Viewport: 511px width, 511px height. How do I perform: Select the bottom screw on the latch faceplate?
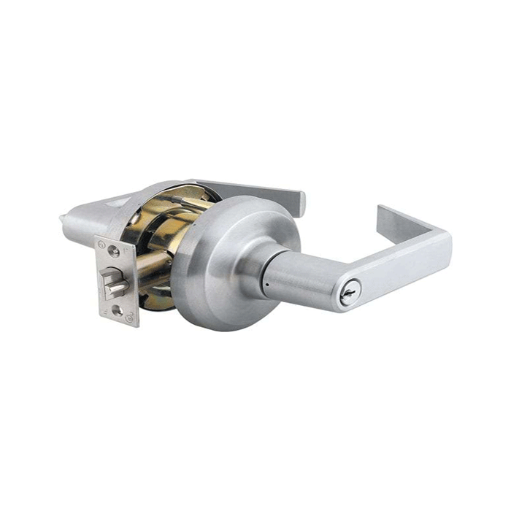pos(118,310)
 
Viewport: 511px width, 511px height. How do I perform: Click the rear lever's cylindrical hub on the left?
pos(88,223)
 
